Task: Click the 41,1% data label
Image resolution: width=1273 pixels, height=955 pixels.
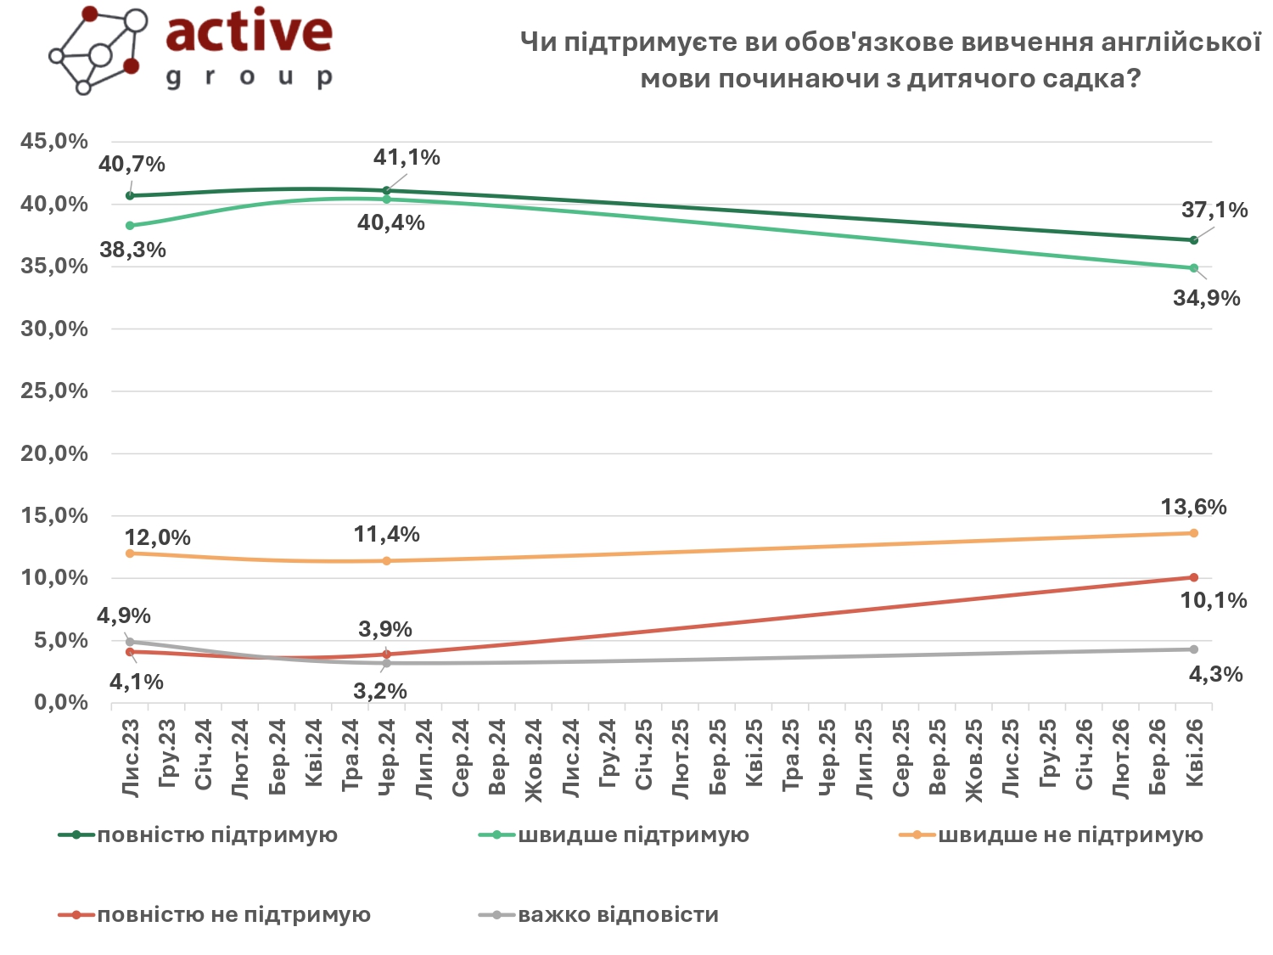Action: [407, 158]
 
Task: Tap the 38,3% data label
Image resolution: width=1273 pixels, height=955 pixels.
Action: [132, 250]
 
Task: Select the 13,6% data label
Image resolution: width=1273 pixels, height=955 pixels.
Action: [1193, 508]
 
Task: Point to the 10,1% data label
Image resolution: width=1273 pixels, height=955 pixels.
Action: [1214, 601]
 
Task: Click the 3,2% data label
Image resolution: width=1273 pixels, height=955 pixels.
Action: [380, 692]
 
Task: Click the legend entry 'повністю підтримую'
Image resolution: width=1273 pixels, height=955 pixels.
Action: [217, 835]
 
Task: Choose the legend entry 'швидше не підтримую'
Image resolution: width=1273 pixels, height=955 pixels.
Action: [1070, 835]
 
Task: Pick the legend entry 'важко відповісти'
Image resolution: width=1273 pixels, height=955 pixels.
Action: [618, 915]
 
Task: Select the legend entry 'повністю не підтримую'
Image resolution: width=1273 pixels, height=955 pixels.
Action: [233, 915]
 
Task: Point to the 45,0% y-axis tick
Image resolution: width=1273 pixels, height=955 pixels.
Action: [54, 142]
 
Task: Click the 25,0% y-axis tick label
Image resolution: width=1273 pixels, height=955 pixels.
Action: [54, 391]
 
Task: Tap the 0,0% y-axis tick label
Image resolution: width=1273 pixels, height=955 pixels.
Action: [60, 703]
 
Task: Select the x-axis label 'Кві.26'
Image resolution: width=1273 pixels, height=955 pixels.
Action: [1194, 753]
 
